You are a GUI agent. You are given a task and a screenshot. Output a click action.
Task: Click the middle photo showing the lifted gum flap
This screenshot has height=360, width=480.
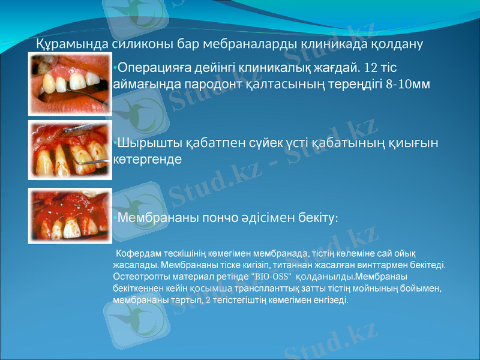pyautogui.click(x=70, y=149)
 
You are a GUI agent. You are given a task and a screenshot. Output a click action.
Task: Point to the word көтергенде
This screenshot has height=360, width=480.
pyautogui.click(x=148, y=161)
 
